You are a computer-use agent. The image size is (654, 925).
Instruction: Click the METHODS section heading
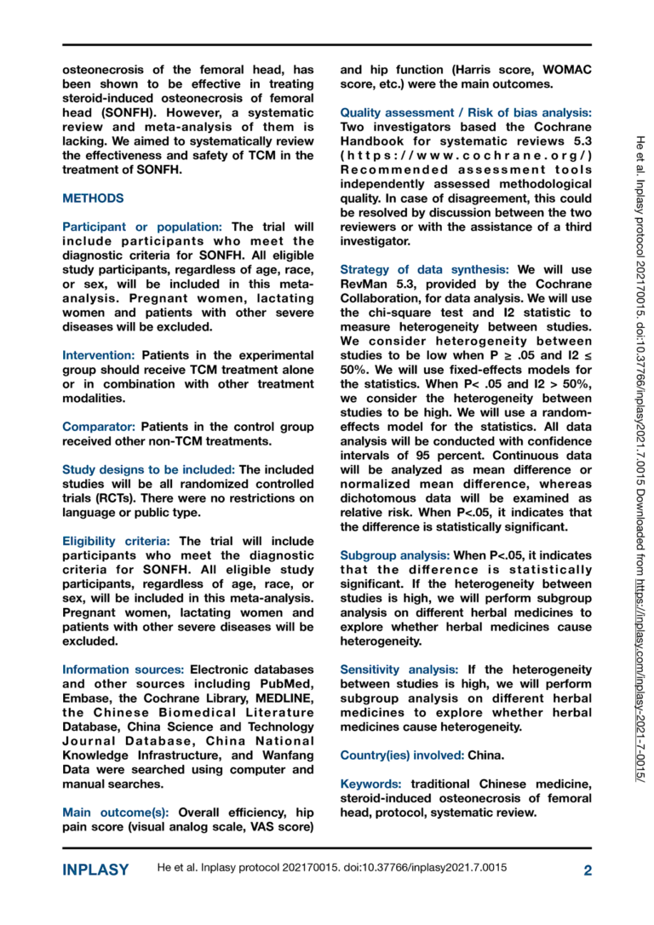point(93,198)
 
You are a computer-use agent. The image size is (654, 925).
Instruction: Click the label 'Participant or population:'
point(142,227)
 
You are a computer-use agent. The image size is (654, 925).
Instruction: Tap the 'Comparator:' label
point(99,426)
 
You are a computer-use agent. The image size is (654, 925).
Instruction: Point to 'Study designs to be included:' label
point(148,468)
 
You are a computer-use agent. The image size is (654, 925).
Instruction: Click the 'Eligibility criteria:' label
point(117,541)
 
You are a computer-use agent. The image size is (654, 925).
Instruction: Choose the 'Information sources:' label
point(123,669)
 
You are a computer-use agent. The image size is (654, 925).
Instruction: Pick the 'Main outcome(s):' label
point(116,812)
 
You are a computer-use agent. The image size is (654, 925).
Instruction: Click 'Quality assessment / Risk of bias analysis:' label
point(466,112)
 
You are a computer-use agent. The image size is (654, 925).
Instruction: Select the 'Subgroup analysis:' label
point(394,554)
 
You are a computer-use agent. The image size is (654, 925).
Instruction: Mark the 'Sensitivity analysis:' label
point(400,670)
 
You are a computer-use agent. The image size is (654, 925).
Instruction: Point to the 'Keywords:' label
point(372,784)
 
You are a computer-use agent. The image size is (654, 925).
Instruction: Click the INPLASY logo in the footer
point(95,870)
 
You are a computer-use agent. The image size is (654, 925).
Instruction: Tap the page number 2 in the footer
point(588,870)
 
